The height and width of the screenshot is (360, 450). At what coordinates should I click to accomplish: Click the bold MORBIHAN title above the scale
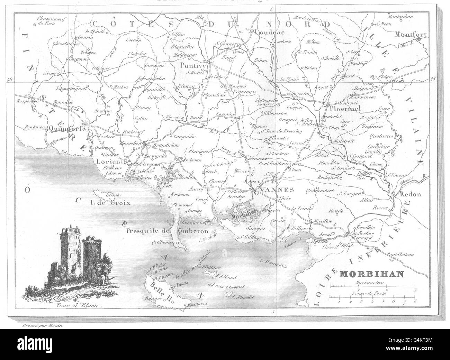367,275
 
